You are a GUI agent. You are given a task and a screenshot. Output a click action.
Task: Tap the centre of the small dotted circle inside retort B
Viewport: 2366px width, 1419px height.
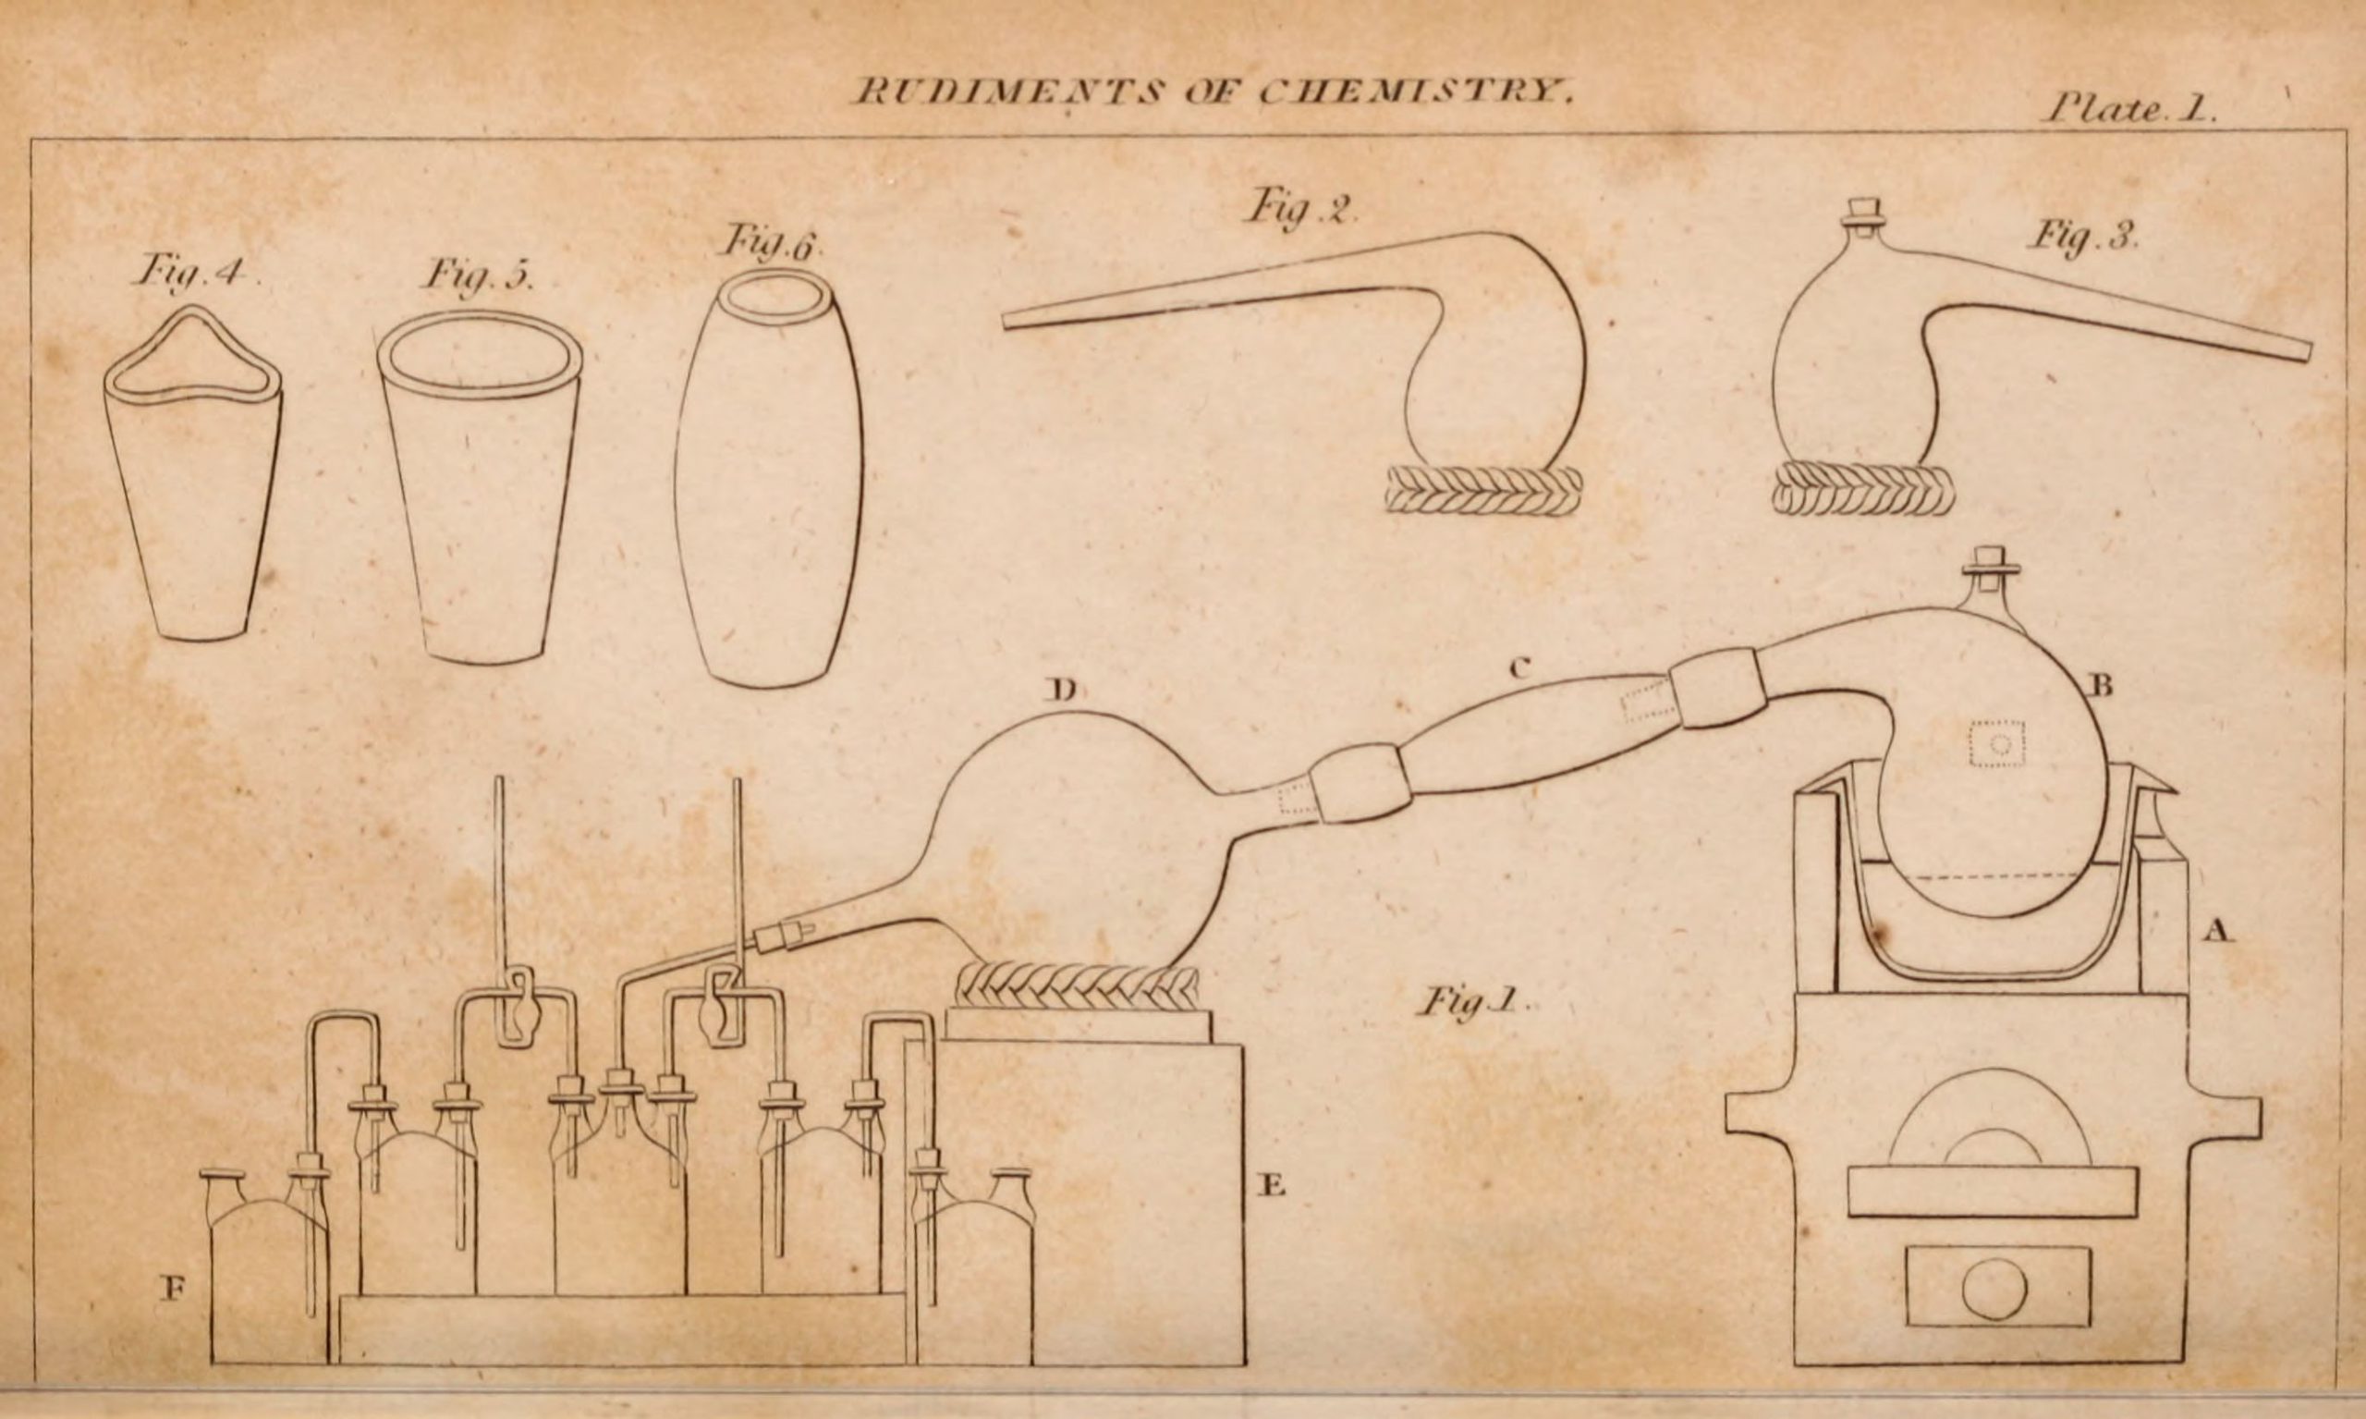point(1997,743)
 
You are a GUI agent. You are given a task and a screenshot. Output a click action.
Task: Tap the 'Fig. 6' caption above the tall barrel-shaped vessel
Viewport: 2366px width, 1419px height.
point(770,244)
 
